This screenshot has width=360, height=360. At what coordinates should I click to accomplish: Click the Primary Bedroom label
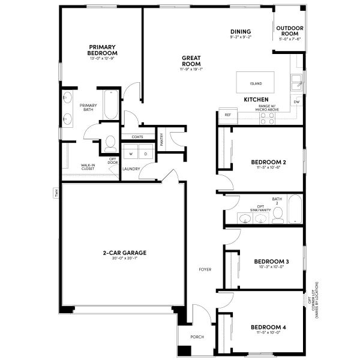[x=102, y=50]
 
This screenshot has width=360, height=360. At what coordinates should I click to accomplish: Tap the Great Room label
[x=191, y=61]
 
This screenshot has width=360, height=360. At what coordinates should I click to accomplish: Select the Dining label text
[x=241, y=32]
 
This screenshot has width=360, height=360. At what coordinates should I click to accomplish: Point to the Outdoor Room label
[x=289, y=31]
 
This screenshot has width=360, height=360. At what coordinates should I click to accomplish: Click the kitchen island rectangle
[x=256, y=83]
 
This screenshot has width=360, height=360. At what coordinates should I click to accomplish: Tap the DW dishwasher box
[x=296, y=101]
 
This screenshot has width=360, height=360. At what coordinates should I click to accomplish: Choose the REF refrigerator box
[x=228, y=114]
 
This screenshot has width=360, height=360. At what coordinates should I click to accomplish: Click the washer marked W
[x=130, y=154]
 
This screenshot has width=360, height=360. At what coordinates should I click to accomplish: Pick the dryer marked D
[x=145, y=154]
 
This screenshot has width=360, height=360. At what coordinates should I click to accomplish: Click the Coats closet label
[x=138, y=137]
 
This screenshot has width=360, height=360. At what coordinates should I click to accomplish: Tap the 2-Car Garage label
[x=124, y=253]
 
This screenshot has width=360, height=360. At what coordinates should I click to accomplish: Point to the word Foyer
[x=205, y=269]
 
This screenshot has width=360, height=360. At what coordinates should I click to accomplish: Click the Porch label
[x=197, y=337]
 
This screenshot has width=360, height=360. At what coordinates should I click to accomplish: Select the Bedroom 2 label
[x=268, y=162]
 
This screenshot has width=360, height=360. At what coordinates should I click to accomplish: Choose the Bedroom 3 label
[x=271, y=261]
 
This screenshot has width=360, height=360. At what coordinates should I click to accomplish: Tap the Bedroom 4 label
[x=268, y=327]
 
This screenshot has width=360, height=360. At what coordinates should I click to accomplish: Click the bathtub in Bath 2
[x=295, y=209]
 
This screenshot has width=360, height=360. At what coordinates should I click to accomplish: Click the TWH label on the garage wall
[x=54, y=193]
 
